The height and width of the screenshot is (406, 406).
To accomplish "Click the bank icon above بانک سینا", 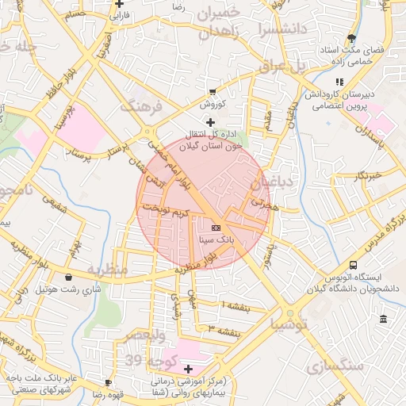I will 216,227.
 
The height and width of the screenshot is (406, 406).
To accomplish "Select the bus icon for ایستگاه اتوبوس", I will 352,265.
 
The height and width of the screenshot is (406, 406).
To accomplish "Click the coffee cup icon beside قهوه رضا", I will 120,382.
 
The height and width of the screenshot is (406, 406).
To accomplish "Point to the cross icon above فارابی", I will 119,4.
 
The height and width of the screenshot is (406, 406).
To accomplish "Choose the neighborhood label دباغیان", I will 272,184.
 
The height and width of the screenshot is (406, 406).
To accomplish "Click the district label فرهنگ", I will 140,105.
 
